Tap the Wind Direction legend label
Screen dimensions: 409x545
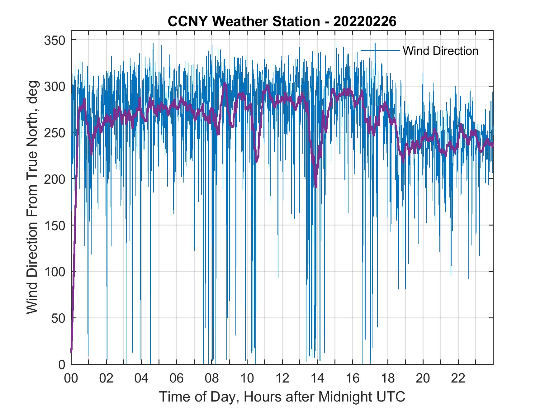[x=440, y=51]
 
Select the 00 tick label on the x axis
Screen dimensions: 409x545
[x=71, y=378]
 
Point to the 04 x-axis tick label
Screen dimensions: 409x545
[x=141, y=378]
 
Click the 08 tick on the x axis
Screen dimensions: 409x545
[x=212, y=378]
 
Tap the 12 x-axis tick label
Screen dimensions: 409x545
[x=282, y=378]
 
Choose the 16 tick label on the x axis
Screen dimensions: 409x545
[x=353, y=378]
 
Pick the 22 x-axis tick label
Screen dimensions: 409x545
[x=458, y=378]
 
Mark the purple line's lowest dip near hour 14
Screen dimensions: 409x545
[x=316, y=186]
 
